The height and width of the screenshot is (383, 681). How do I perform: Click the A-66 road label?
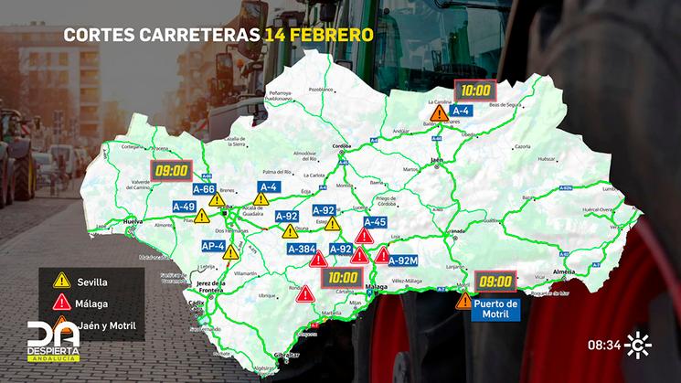203,189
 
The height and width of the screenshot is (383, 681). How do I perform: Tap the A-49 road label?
184,206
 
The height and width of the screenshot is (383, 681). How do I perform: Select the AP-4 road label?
212,246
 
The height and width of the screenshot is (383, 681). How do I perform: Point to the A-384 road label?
302,249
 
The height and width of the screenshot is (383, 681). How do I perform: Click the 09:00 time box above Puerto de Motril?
495,281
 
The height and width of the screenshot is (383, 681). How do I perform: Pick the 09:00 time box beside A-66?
172,169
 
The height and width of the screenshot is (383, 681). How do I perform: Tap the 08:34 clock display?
603,346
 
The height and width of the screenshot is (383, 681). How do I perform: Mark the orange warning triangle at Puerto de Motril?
464,300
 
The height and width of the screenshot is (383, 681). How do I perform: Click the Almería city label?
563,272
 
